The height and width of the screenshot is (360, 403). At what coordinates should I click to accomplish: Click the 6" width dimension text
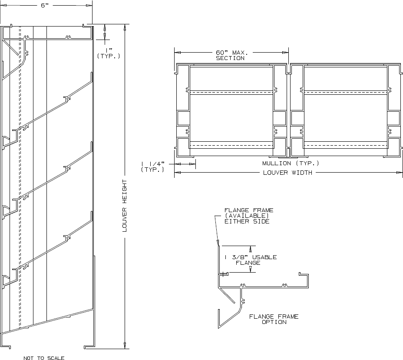(x=45, y=5)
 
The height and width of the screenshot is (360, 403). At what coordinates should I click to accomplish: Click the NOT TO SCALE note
(x=44, y=358)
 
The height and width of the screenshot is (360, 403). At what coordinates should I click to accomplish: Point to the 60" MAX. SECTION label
(x=230, y=55)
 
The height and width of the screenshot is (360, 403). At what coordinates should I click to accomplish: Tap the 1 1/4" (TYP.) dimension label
(x=152, y=167)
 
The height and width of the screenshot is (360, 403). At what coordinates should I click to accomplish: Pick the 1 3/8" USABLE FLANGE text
(x=251, y=260)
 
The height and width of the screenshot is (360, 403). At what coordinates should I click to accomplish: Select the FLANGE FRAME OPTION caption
(x=274, y=319)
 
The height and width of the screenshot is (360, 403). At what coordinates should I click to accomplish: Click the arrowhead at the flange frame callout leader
(x=218, y=244)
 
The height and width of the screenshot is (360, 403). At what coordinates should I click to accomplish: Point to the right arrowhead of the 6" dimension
(x=90, y=5)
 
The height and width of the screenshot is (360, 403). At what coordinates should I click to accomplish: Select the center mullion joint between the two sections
(x=288, y=111)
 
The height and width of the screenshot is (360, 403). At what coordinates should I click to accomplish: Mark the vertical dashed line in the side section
(x=20, y=174)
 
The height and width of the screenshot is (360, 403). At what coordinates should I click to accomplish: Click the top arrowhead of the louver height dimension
(x=125, y=26)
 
